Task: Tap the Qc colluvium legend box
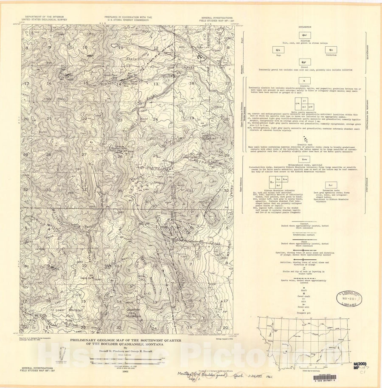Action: pyautogui.click(x=331, y=50)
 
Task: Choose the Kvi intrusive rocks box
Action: pyautogui.click(x=331, y=185)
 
